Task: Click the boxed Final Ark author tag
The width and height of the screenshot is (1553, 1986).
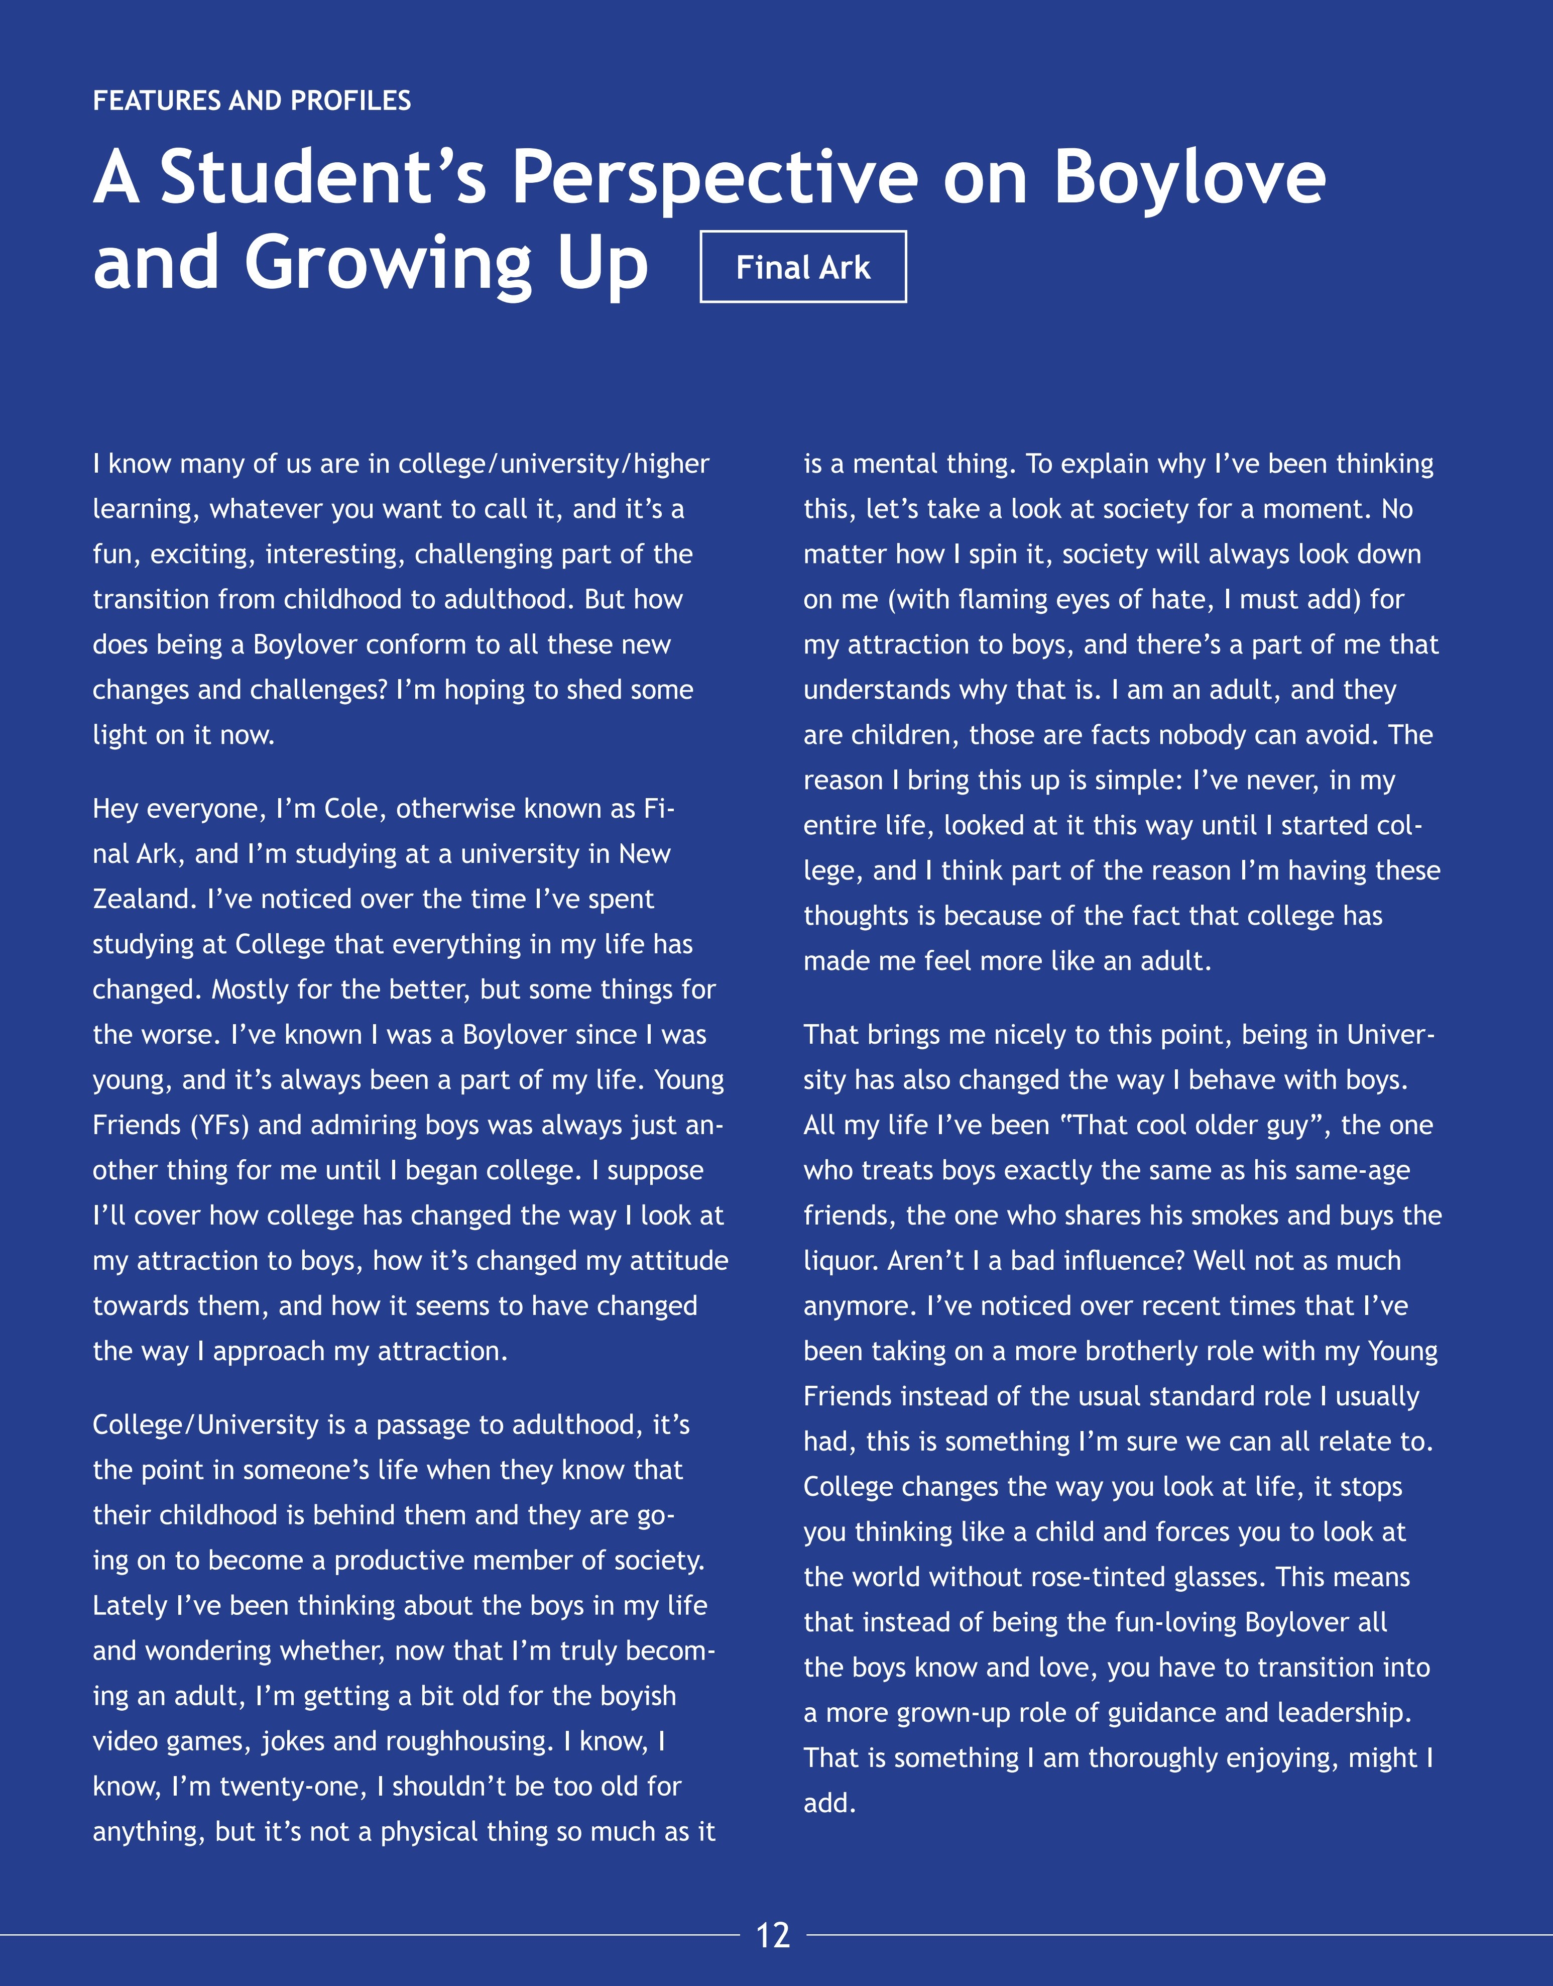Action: click(x=803, y=267)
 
